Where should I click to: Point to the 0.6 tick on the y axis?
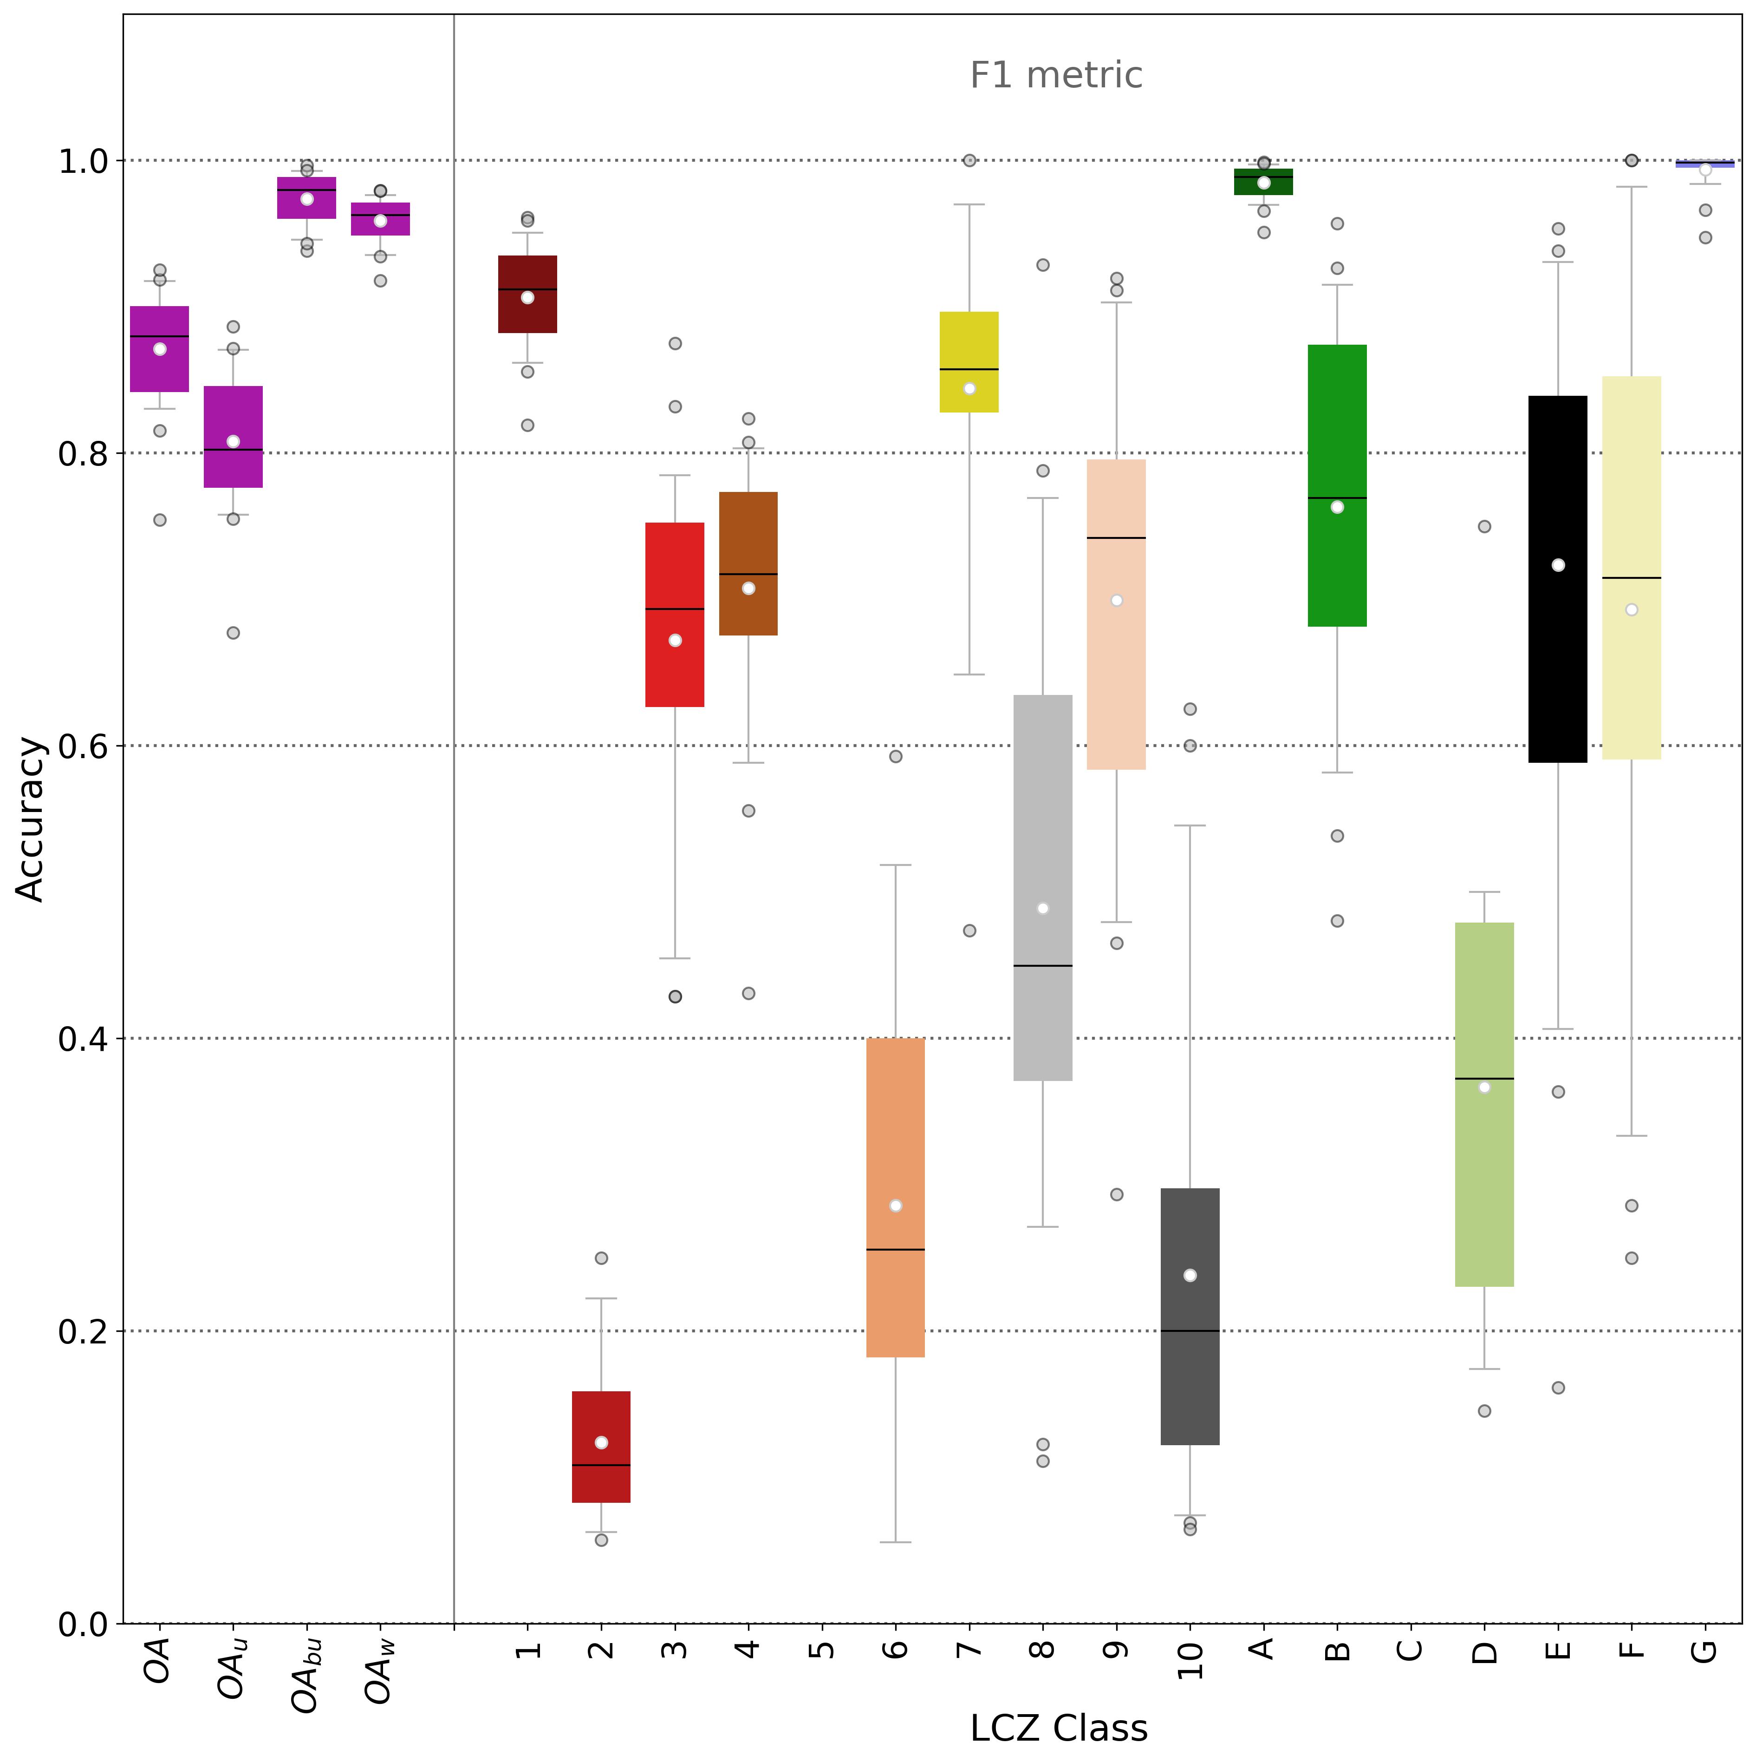click(x=83, y=746)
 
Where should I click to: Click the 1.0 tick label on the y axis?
click(x=83, y=161)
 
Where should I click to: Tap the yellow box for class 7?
click(x=969, y=362)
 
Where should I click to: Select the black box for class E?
click(x=1558, y=638)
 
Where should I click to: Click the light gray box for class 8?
click(x=1043, y=821)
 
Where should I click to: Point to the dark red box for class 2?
click(x=601, y=1441)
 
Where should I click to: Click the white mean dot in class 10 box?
click(x=1190, y=1275)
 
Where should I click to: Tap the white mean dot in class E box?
click(x=1558, y=565)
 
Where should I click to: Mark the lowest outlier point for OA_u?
click(x=234, y=633)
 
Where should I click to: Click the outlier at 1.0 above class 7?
click(x=969, y=161)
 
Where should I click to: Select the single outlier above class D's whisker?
click(x=1484, y=526)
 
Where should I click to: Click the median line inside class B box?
click(x=1337, y=498)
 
